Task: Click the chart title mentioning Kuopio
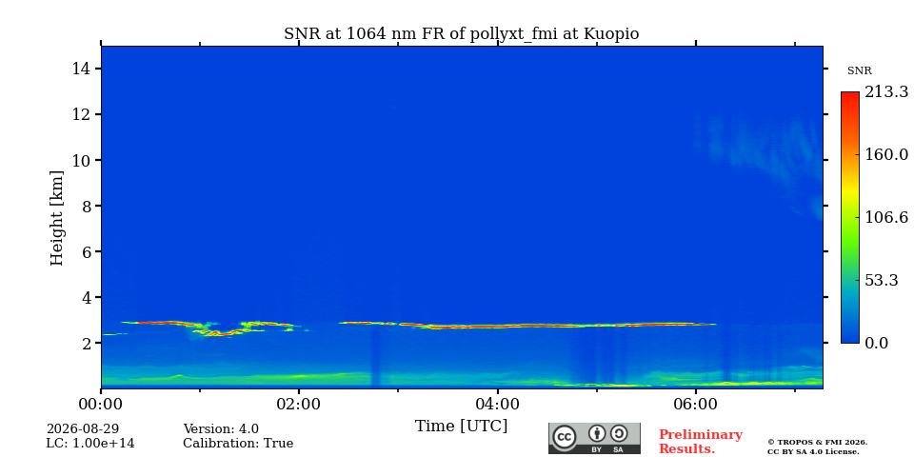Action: point(461,34)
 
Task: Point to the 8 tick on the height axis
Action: point(98,206)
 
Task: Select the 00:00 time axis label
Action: point(102,404)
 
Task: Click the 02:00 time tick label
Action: point(299,404)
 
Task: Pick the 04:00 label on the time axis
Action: point(497,404)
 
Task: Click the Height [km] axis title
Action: point(56,218)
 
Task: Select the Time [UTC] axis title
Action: point(461,427)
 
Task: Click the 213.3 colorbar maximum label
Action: point(886,92)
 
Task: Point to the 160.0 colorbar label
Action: point(886,154)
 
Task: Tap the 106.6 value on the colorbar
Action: point(886,217)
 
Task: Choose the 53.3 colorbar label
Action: point(882,280)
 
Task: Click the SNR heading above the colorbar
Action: point(859,71)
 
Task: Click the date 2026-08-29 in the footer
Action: point(83,429)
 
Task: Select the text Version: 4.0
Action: point(221,429)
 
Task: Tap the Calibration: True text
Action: point(238,444)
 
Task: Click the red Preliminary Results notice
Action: point(701,442)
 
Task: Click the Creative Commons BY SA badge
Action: point(594,438)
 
